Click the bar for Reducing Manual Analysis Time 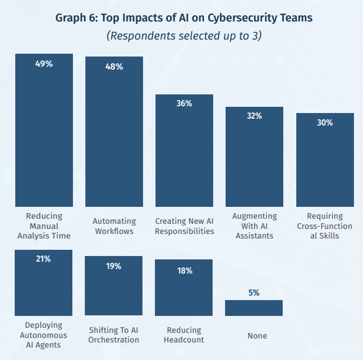(44, 130)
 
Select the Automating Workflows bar (114, 132)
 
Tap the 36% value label (184, 103)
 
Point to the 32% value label (254, 116)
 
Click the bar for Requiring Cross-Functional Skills (325, 159)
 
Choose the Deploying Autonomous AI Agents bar (44, 283)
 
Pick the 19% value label (114, 266)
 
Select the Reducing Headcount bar (184, 287)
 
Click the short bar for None (254, 308)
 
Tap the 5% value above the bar (254, 293)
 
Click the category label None (257, 336)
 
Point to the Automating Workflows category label (114, 226)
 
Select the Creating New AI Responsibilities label (184, 226)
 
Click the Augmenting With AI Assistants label (254, 226)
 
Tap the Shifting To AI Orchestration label (114, 335)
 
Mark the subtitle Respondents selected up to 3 (184, 36)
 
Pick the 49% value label (44, 64)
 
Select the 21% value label (44, 259)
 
